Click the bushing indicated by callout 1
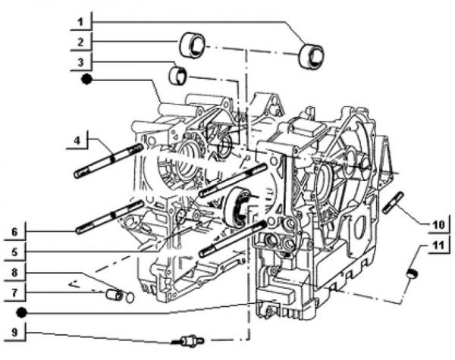pyautogui.click(x=311, y=54)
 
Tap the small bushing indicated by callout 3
pyautogui.click(x=178, y=75)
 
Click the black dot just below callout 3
pyautogui.click(x=88, y=78)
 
